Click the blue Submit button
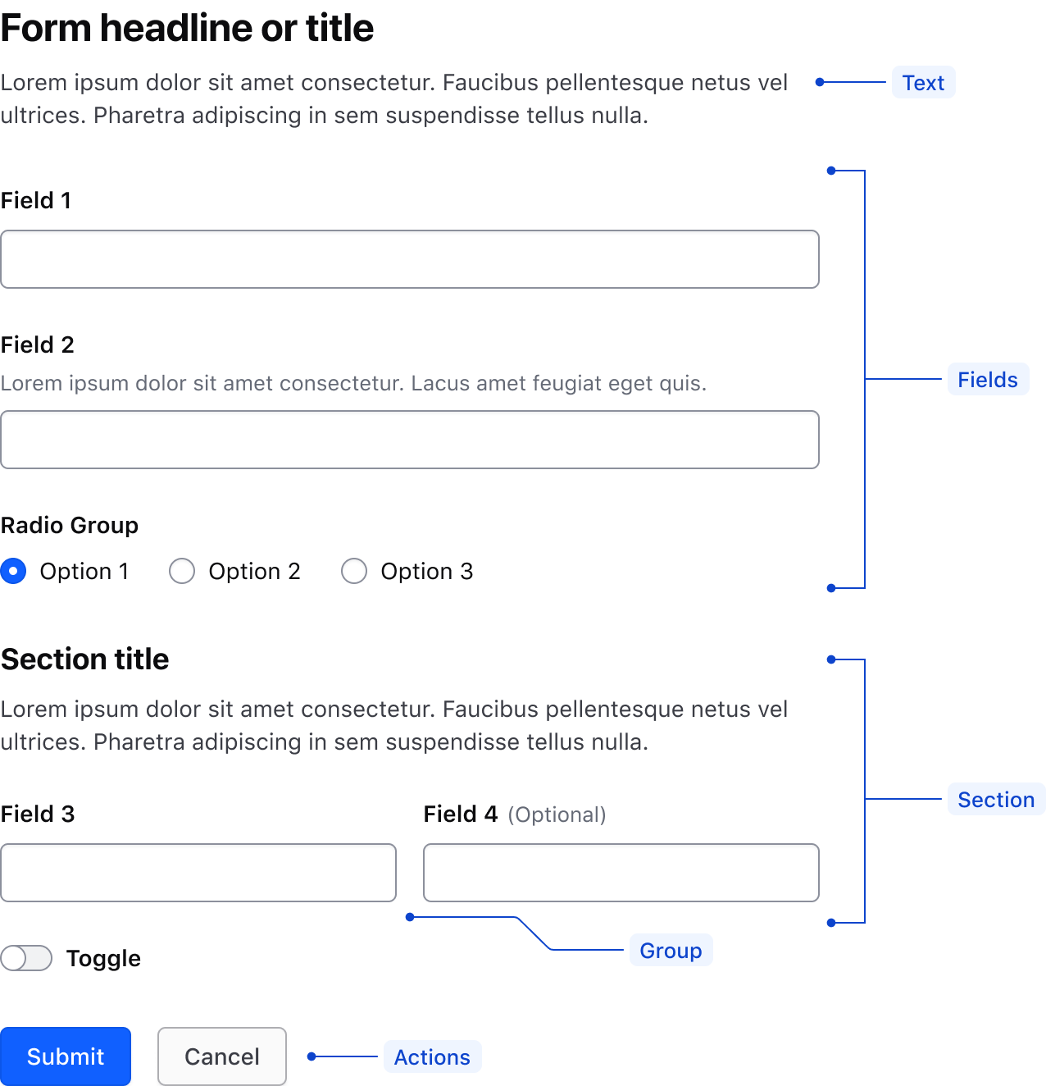[66, 1056]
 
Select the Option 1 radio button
[14, 571]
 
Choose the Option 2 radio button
[182, 571]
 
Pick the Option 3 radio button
[354, 571]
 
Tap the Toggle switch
[26, 958]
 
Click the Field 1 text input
[410, 259]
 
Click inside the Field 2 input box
[410, 440]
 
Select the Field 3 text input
[198, 873]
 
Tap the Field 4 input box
[621, 873]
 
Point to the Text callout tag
[923, 83]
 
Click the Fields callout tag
[988, 380]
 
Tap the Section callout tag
[996, 800]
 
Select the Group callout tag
[671, 951]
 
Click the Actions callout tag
[432, 1057]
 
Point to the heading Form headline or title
[187, 28]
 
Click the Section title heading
[85, 659]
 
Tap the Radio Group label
[70, 525]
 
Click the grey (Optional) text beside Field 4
[557, 814]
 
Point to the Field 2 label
[38, 345]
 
